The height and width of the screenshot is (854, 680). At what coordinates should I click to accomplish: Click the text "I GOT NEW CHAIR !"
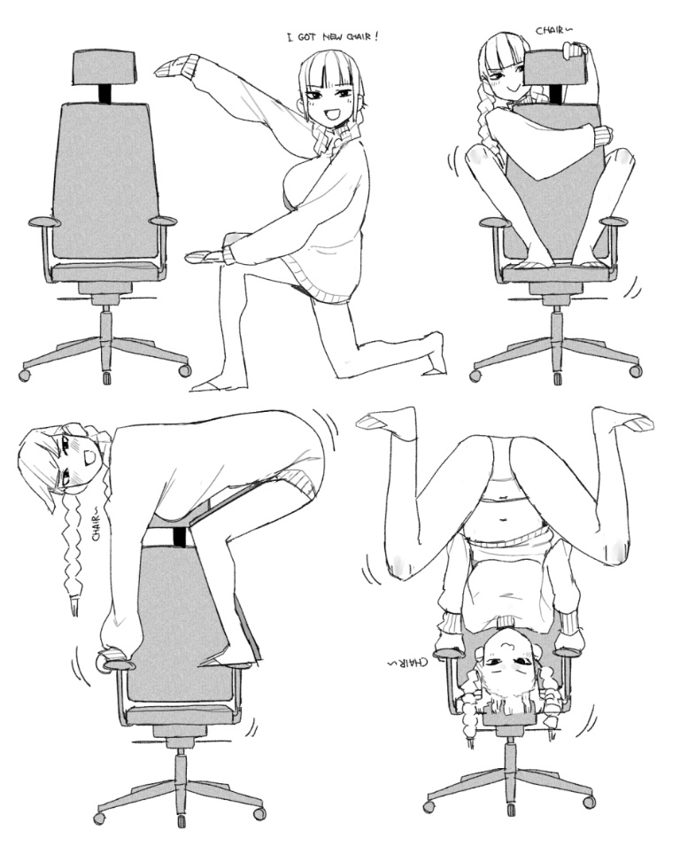[x=331, y=37]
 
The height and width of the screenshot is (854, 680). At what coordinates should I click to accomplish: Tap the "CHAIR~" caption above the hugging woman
[x=554, y=30]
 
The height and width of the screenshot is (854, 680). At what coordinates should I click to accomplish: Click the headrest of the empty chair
[x=107, y=67]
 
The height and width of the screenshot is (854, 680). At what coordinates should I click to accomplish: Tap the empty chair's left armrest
[x=44, y=221]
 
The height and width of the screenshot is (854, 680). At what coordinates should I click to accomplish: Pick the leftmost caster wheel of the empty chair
[x=25, y=375]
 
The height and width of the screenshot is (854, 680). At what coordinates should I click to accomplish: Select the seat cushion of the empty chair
[x=107, y=270]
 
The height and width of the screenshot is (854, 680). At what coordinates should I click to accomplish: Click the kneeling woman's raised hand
[x=174, y=67]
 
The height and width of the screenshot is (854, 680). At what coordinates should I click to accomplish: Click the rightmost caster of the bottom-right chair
[x=589, y=803]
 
